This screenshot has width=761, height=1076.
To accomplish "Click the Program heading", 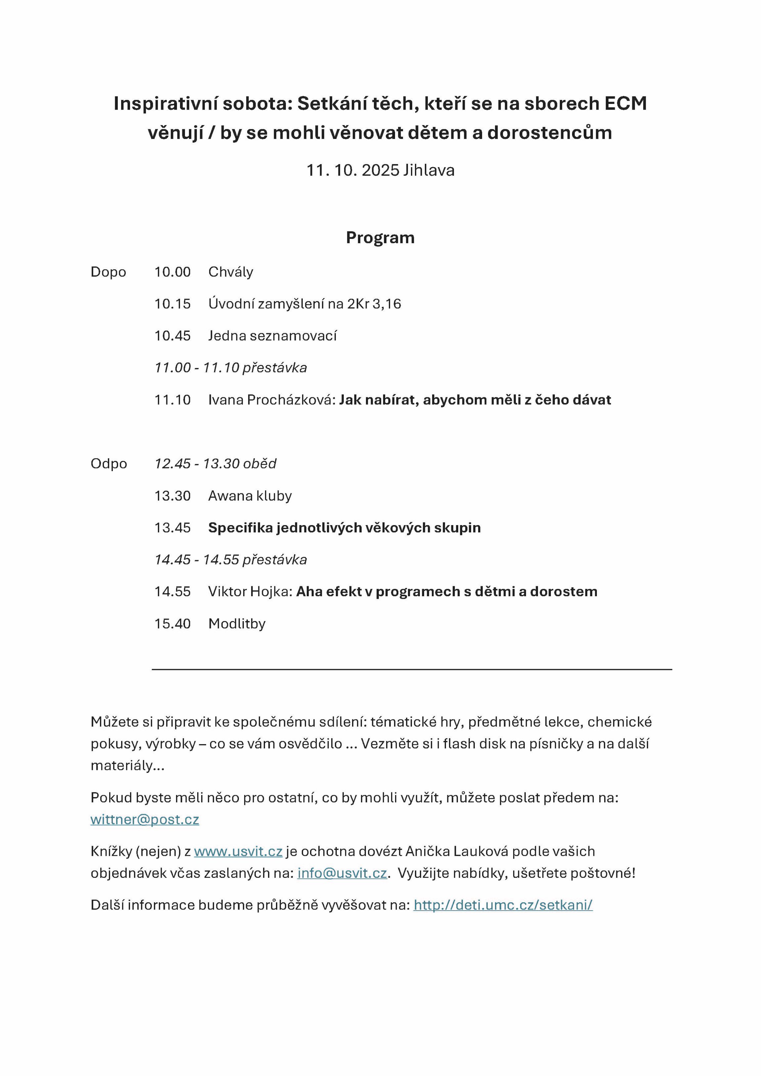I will (380, 238).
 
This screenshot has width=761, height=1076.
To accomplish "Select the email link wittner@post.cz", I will (145, 819).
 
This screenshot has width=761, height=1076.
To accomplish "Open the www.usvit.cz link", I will (238, 851).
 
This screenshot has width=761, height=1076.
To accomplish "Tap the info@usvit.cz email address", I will (342, 873).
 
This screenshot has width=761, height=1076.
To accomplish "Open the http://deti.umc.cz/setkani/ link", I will (503, 905).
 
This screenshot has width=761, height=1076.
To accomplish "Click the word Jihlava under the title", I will (429, 170).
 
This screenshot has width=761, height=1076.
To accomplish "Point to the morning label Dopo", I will (108, 272).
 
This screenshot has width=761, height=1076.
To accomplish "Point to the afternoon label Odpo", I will (109, 464).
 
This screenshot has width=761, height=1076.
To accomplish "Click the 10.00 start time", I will (172, 272).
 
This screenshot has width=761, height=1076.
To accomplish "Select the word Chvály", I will (231, 272).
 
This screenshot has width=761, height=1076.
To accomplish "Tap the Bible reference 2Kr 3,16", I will (374, 304).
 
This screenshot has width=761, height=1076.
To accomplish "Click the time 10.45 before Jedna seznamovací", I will (172, 336).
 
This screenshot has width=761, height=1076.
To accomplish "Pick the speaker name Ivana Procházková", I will (271, 400).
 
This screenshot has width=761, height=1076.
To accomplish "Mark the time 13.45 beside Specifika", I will (172, 528).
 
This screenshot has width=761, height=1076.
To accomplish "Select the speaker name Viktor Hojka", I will (250, 591).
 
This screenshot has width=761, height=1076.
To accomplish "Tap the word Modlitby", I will (237, 624).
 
